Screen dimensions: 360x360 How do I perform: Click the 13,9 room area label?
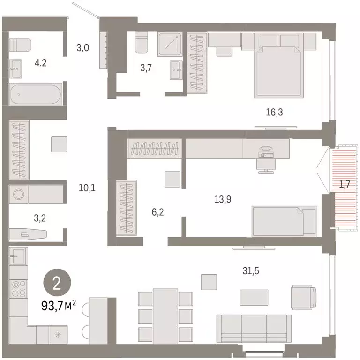coord(223,199)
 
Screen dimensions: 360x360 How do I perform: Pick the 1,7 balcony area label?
coord(345,184)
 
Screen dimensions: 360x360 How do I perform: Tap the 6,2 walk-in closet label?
coord(158,212)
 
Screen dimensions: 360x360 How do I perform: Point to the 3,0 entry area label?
coord(83,47)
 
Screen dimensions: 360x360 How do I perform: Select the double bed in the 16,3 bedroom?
coord(277,70)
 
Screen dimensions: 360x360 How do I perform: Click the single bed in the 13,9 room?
coord(285,221)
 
